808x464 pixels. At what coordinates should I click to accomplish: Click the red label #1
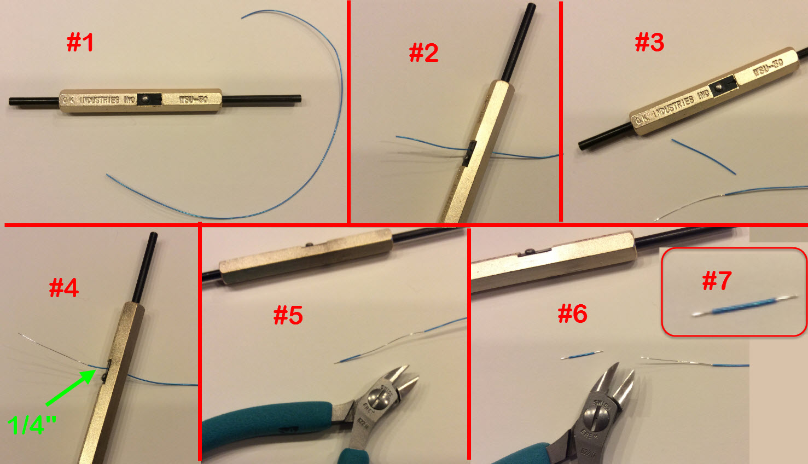pyautogui.click(x=80, y=42)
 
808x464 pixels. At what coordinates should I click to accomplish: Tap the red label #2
pyautogui.click(x=424, y=53)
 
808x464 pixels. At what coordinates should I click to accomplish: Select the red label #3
pyautogui.click(x=649, y=42)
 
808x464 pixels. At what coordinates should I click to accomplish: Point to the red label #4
pyautogui.click(x=64, y=288)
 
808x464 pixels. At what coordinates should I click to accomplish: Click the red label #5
pyautogui.click(x=288, y=315)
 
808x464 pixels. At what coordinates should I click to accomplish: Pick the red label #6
pyautogui.click(x=572, y=314)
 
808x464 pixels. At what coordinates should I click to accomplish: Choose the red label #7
pyautogui.click(x=717, y=281)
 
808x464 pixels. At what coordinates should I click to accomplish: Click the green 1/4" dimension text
pyautogui.click(x=32, y=425)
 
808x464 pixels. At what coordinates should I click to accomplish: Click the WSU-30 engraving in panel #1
pyautogui.click(x=193, y=100)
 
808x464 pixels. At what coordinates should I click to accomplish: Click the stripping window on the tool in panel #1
pyautogui.click(x=149, y=99)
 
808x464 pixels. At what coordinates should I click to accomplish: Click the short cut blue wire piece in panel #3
pyautogui.click(x=704, y=156)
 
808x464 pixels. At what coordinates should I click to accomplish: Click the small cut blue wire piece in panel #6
pyautogui.click(x=581, y=355)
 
